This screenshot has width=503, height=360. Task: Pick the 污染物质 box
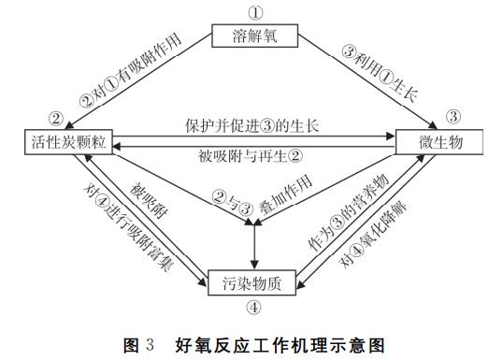click(x=255, y=281)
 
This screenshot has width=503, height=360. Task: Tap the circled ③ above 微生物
click(x=453, y=118)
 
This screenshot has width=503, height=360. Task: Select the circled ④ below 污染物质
click(x=254, y=305)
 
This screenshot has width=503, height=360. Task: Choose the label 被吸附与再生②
click(x=253, y=156)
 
